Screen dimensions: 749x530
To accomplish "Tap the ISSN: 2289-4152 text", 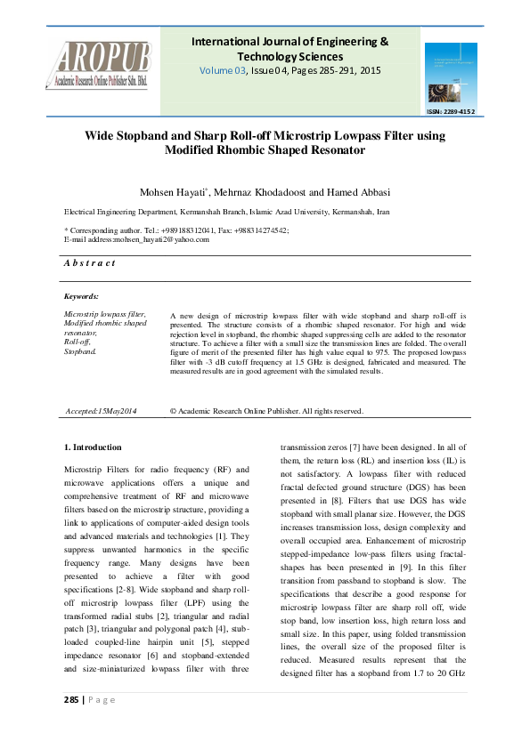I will click(x=452, y=112).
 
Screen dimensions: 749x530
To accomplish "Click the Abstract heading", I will click(x=90, y=263).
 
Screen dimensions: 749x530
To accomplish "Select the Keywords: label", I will click(x=81, y=295).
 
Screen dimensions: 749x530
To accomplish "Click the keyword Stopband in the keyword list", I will click(x=79, y=353).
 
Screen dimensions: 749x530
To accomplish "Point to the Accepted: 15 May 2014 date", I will click(x=102, y=411).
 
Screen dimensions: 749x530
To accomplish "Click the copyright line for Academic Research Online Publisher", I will click(x=266, y=411).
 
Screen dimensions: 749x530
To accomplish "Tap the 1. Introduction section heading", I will click(x=94, y=447).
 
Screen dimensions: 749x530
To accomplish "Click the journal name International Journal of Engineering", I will click(x=290, y=42).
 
